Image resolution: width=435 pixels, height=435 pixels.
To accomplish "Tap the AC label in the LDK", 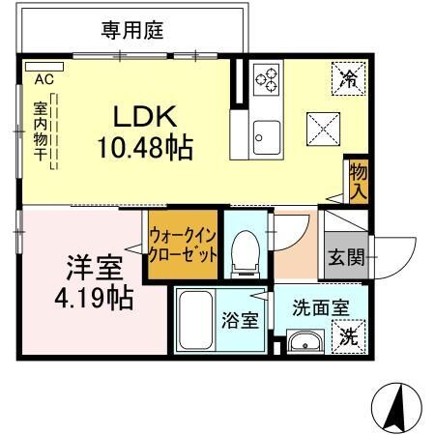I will pos(43,78).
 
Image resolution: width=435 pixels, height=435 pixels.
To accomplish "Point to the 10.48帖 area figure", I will pos(144,148).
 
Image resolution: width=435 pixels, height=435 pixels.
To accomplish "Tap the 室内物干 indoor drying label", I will pos(42,131).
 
